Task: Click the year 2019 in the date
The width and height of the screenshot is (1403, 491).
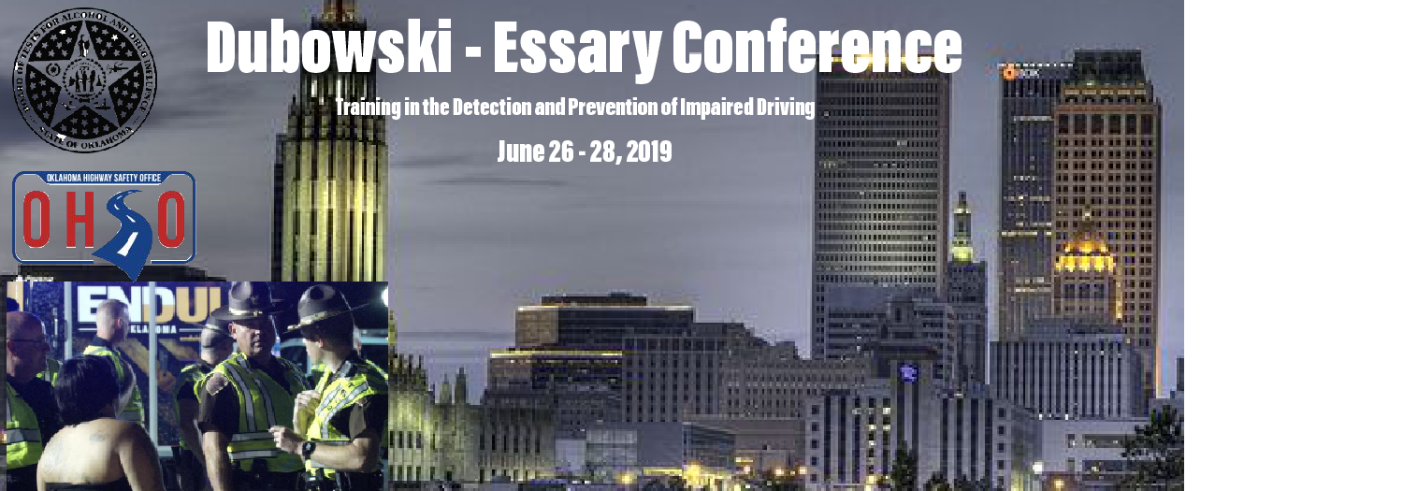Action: (648, 152)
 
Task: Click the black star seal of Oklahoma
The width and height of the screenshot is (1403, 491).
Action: (85, 79)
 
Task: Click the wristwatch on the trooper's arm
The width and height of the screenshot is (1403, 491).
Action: (308, 449)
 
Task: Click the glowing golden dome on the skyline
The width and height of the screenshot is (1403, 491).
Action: (1085, 253)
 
